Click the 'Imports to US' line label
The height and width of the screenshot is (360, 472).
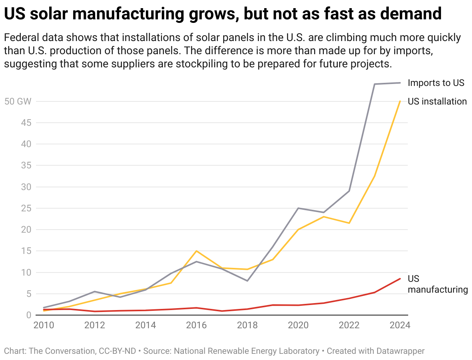[436, 83]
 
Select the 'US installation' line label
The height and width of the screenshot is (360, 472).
[437, 101]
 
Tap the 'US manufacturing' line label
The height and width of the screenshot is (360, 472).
[438, 284]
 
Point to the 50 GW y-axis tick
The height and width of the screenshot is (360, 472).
[17, 101]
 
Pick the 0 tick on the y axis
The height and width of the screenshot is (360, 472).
[28, 315]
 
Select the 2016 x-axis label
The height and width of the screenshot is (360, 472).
[197, 325]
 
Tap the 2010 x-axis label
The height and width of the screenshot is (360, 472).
[44, 325]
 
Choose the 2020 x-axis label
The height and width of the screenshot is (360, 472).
[298, 325]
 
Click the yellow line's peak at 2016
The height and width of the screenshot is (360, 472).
[197, 251]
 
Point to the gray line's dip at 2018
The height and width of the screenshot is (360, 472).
[247, 281]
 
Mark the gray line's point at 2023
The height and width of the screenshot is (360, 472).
[375, 84]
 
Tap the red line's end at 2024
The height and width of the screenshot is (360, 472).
[400, 279]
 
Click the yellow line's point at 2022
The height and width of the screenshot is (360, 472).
[349, 223]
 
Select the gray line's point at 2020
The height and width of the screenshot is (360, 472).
[298, 208]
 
